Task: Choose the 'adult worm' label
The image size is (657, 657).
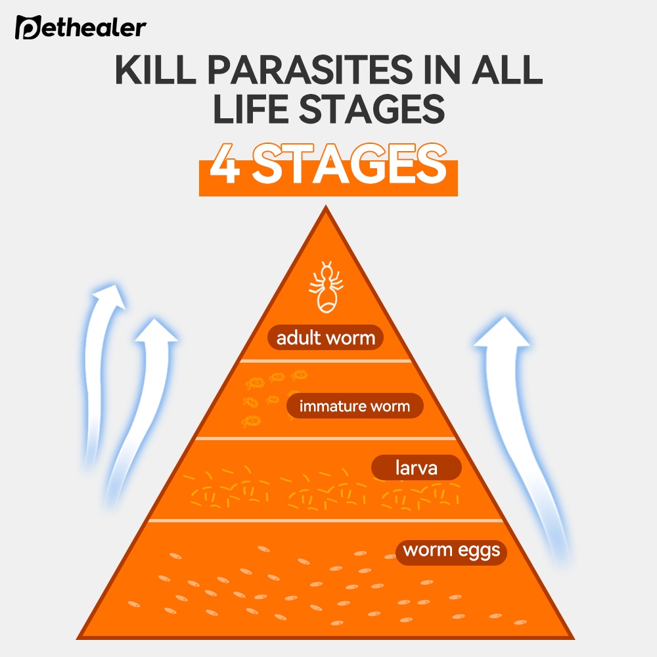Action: point(325,338)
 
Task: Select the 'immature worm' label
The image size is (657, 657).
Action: point(354,406)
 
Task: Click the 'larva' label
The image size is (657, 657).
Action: point(416,469)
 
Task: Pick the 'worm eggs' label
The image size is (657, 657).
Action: point(451,551)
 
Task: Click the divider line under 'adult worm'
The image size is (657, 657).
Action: point(325,361)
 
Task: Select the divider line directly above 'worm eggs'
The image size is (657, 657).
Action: point(325,519)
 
